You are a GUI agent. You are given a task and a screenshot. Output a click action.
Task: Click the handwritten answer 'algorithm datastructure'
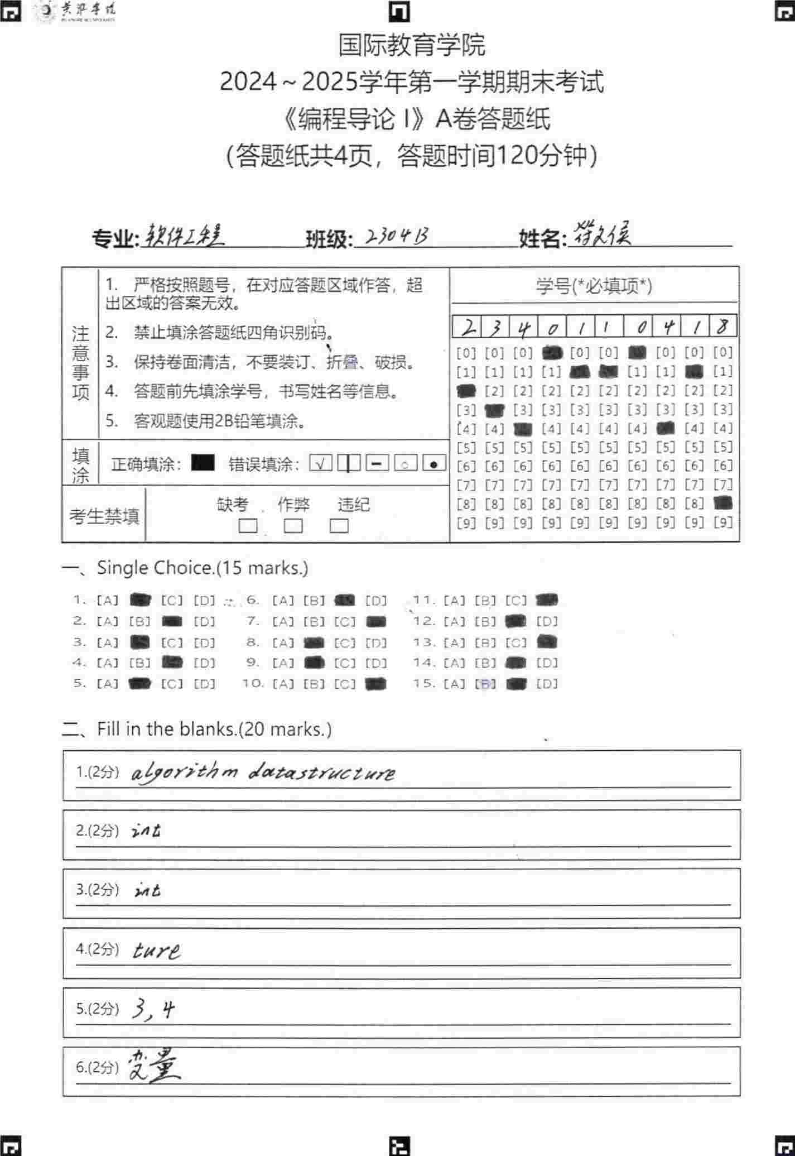[263, 773]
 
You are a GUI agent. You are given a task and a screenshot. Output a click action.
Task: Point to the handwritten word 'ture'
[157, 950]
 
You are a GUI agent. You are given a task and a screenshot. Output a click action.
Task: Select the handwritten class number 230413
[397, 237]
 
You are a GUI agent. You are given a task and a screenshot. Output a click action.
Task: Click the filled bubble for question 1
[140, 601]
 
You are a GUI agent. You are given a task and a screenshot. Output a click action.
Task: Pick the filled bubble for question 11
[546, 600]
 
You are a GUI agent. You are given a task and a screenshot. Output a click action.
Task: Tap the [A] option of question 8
[283, 643]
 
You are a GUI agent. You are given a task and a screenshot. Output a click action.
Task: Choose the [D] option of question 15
[547, 684]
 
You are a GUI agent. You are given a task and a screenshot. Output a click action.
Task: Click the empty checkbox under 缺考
[248, 526]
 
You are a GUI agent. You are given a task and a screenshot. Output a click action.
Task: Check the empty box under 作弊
[293, 526]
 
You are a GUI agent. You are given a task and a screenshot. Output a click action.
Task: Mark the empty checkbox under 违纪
[339, 526]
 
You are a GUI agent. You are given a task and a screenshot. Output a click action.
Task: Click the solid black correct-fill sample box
[203, 463]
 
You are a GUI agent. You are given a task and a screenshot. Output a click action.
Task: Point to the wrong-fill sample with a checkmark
[321, 463]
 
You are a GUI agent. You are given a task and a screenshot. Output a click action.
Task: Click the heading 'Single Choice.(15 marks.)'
[202, 568]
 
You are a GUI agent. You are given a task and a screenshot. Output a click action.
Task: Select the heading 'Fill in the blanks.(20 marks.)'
[214, 729]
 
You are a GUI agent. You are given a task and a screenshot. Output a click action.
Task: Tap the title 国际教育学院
[412, 45]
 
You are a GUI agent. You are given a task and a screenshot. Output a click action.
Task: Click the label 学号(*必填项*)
[594, 286]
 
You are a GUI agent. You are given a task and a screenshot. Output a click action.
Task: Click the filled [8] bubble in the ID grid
[723, 503]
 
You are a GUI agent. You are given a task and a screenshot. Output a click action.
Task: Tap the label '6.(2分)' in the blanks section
[97, 1067]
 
